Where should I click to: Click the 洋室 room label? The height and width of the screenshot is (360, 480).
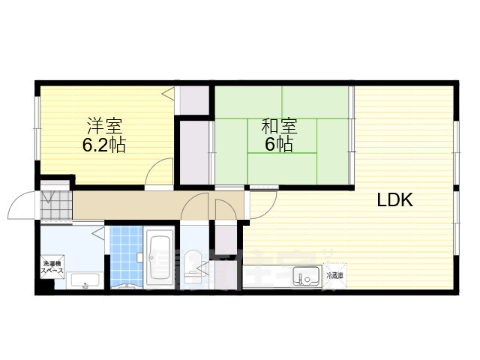point(103,124)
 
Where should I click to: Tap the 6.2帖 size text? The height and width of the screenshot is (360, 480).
point(103,145)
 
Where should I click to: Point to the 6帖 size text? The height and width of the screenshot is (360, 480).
point(278,145)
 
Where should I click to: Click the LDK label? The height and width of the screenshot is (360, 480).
point(395,200)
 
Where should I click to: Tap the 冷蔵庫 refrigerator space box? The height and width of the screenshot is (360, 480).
point(335,275)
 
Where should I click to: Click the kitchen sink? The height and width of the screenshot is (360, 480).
point(305,276)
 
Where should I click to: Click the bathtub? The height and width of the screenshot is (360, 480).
point(160,259)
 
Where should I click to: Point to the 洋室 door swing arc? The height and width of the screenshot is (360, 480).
point(159,172)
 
